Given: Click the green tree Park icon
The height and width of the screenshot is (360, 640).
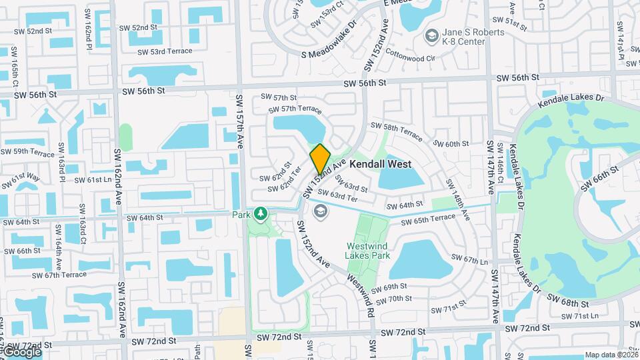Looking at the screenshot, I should tap(261, 214).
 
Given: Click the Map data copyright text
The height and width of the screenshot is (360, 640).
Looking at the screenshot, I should tap(611, 355).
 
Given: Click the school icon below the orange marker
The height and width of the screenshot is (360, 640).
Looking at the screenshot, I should tap(320, 211).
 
